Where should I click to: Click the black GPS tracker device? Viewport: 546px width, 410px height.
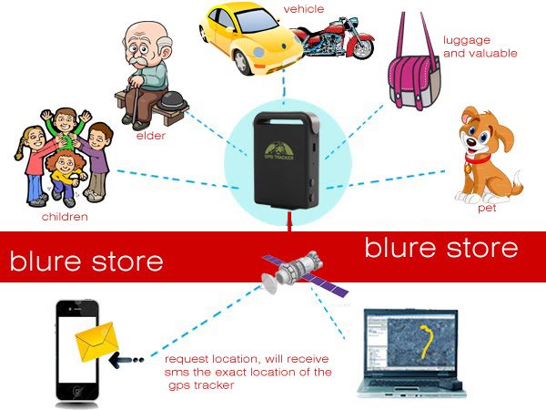click(287, 160)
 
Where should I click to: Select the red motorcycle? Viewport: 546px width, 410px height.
click(334, 39)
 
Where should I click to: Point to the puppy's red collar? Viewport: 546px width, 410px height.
click(478, 160)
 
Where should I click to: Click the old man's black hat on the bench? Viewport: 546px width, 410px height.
click(172, 101)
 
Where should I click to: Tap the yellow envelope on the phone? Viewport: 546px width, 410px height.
click(96, 342)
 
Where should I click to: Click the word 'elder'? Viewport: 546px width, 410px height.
click(151, 136)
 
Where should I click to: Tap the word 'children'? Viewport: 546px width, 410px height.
click(65, 217)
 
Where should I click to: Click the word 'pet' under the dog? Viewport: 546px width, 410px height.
click(487, 208)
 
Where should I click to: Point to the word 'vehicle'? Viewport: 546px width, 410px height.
click(304, 9)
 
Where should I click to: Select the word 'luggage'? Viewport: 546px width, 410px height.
click(467, 41)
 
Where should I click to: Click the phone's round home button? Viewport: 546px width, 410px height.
click(77, 392)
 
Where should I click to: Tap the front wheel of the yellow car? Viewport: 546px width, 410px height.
click(241, 62)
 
